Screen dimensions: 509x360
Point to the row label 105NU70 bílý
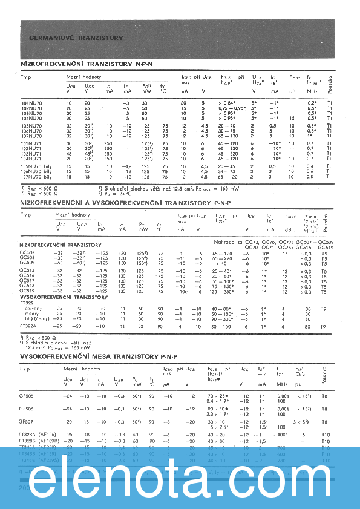tap(37, 166)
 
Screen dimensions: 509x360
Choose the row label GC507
tap(27, 253)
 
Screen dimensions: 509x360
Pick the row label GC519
tap(27, 292)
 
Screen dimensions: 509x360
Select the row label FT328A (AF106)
tap(41, 434)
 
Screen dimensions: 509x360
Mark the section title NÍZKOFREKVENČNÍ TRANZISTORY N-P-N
tap(79, 63)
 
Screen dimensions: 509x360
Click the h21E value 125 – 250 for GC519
tap(222, 292)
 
